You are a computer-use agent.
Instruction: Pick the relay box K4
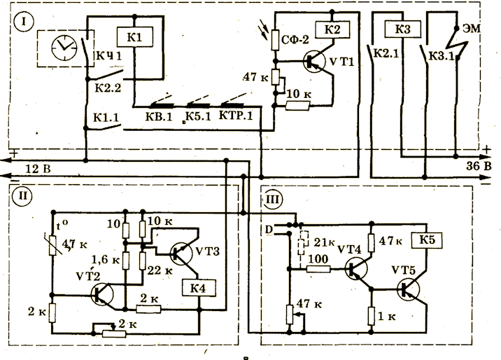tap(199, 286)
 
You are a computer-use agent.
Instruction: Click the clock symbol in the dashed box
tap(64, 48)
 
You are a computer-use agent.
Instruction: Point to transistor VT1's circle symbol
tap(316, 62)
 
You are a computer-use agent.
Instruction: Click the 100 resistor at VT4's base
tap(318, 269)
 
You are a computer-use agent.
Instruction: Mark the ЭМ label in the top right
tap(468, 29)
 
